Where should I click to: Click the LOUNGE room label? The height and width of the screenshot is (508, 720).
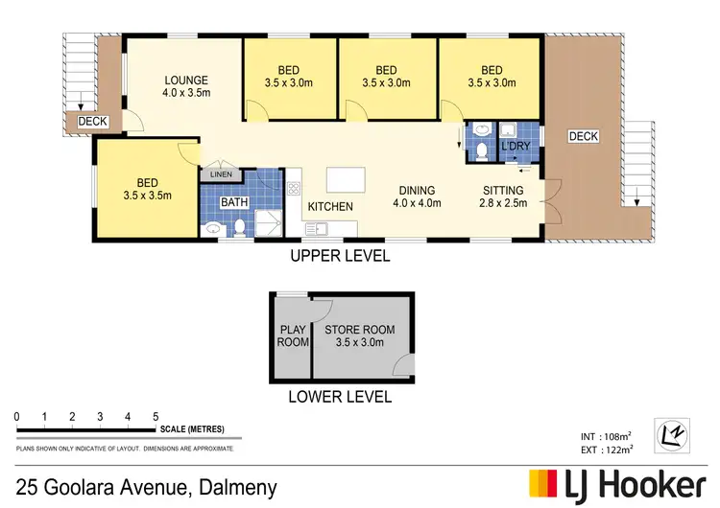[186, 80]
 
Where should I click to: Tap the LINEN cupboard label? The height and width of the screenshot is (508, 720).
[214, 174]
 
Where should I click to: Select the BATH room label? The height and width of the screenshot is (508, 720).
[234, 202]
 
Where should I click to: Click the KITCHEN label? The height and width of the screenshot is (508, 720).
[330, 206]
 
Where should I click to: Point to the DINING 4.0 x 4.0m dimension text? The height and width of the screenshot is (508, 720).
[417, 203]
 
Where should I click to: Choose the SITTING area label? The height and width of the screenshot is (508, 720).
[503, 190]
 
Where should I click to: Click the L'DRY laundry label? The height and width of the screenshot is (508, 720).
[516, 146]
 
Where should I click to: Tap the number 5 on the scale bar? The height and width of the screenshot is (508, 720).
[156, 416]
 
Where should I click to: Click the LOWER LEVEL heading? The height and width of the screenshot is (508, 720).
[340, 397]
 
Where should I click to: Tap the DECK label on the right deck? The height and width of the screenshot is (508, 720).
[583, 137]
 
